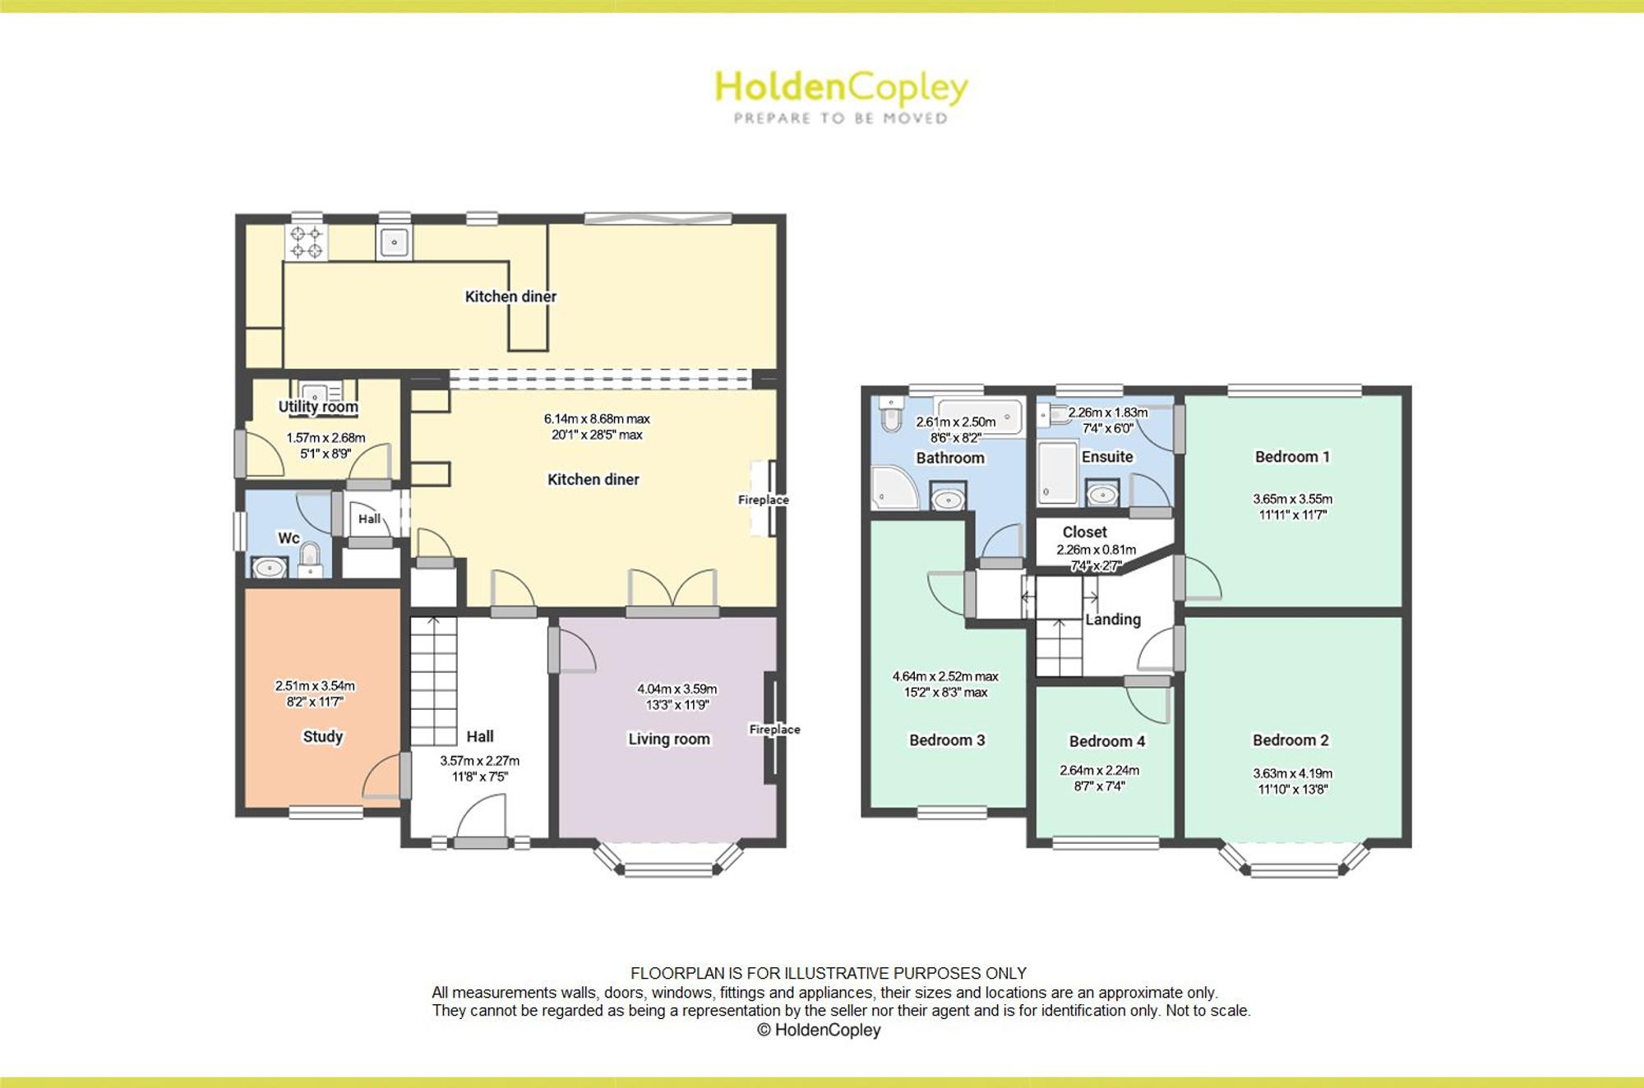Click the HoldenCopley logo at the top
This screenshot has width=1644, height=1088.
[841, 97]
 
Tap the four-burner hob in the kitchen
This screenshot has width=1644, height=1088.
[306, 242]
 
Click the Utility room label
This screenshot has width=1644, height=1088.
[318, 407]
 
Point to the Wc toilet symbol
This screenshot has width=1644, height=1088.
[309, 559]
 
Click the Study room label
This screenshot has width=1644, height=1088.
[322, 736]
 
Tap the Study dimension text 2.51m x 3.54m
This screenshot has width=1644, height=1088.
[315, 685]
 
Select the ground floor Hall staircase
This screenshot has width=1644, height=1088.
[433, 681]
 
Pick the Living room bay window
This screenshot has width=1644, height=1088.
[667, 860]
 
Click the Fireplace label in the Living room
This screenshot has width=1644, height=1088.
[774, 729]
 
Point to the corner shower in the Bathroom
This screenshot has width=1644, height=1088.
[894, 487]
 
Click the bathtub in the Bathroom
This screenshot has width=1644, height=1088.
[980, 417]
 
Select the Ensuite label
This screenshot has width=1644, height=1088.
[1107, 457]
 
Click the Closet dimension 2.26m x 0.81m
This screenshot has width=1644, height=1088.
[1097, 550]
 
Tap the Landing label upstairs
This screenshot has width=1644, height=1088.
[1113, 620]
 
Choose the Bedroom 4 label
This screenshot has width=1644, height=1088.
[1106, 741]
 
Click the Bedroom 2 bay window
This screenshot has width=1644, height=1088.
[1294, 860]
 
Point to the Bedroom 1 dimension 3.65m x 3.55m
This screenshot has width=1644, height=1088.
[1292, 499]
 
